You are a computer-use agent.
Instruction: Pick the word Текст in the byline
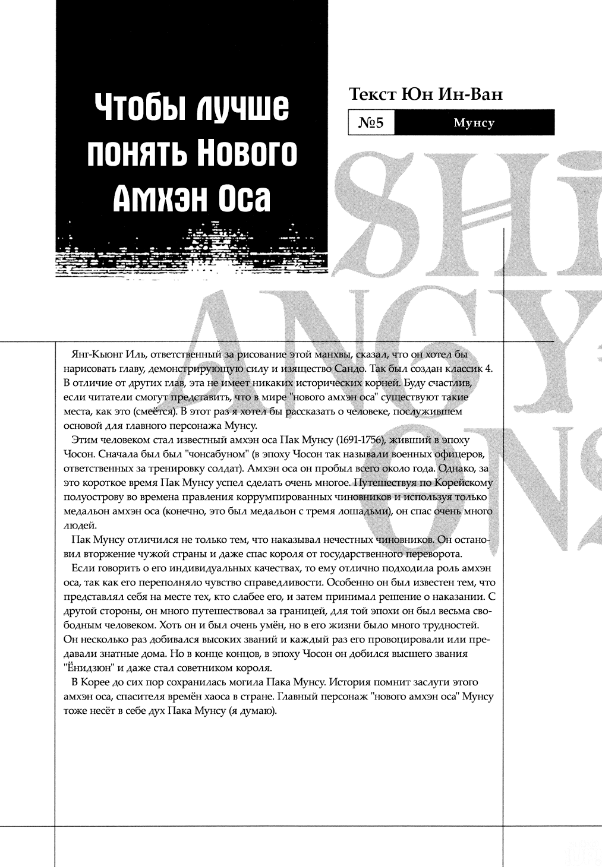372,94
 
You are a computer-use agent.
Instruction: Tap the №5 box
371,123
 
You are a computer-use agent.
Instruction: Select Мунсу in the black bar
474,123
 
